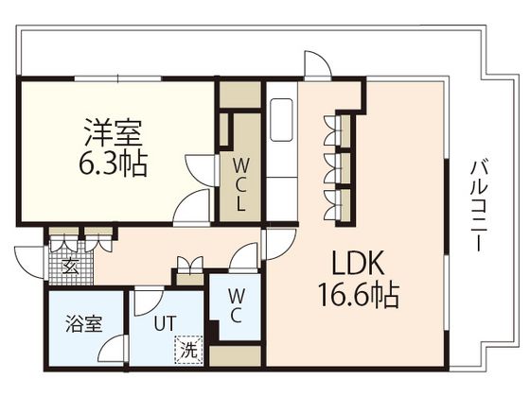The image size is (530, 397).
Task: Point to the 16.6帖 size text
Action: point(358,295)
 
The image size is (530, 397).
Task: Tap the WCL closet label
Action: point(240,182)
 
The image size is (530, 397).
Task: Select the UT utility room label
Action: point(166,322)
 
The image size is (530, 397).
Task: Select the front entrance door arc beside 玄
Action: point(29,257)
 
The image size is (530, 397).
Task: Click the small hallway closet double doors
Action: point(189,267)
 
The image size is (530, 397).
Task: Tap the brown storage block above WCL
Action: point(240,95)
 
